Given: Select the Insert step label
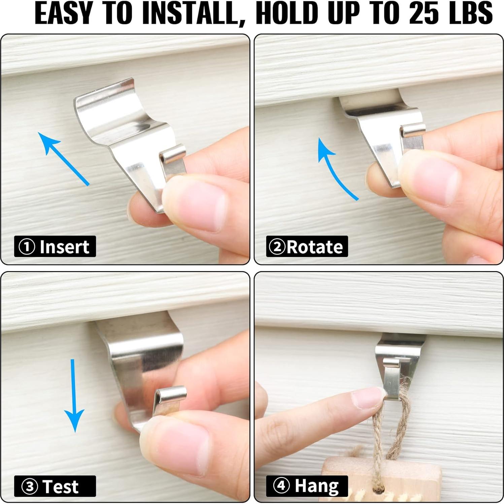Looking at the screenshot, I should (55, 247).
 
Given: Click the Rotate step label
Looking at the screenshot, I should (307, 247).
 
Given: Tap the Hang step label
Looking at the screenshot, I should (307, 486).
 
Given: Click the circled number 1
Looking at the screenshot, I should (27, 247).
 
